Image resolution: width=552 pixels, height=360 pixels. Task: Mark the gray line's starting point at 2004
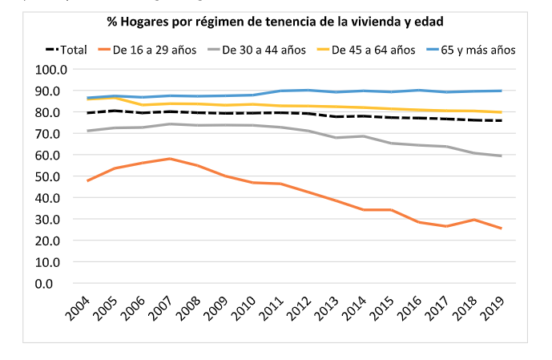coord(87,131)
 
